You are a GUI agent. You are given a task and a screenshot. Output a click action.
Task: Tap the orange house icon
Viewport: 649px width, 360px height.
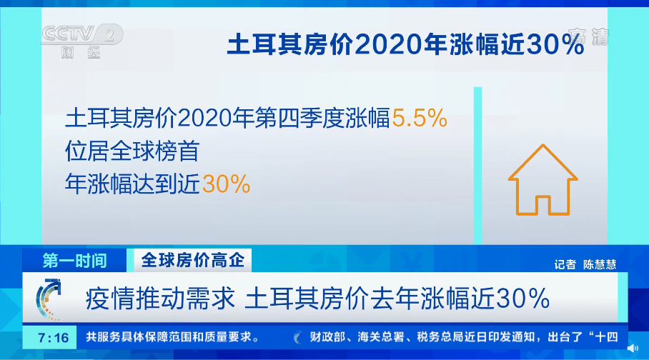(542, 180)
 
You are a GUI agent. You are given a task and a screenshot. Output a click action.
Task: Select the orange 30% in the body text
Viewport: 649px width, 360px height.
(227, 184)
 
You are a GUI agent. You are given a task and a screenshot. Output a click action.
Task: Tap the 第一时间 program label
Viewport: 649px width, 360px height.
(74, 261)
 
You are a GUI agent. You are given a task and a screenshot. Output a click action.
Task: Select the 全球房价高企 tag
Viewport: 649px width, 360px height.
(192, 261)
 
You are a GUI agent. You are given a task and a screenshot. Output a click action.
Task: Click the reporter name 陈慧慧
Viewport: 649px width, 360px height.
(599, 264)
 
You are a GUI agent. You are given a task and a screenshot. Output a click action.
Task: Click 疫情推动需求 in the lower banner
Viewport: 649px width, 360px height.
(161, 298)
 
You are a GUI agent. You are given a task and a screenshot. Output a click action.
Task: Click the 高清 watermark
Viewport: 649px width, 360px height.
(588, 36)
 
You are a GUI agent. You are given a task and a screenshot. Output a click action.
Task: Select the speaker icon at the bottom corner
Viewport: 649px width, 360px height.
(633, 348)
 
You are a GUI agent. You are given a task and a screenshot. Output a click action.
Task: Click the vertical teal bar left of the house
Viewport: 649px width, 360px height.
(477, 164)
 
